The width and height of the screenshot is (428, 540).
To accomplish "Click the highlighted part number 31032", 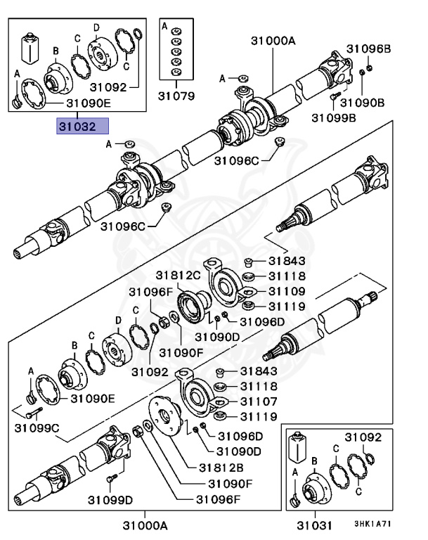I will pos(83,127).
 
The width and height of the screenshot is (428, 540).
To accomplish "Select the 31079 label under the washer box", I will pos(175,95).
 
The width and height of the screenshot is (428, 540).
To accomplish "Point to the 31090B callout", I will pos(368,102).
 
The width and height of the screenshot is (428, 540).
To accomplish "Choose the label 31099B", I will pos(334,117).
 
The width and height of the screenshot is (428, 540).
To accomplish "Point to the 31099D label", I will pos(110,500).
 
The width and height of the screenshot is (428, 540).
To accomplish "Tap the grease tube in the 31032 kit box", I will pos(30,46).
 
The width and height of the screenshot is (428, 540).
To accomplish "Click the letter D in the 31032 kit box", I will pos(96,27).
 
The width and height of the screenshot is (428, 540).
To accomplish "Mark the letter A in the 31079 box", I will pos(164,26).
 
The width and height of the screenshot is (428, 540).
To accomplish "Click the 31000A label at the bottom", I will pos(145,525).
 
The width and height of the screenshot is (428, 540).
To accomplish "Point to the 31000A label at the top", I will pos(273,41).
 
